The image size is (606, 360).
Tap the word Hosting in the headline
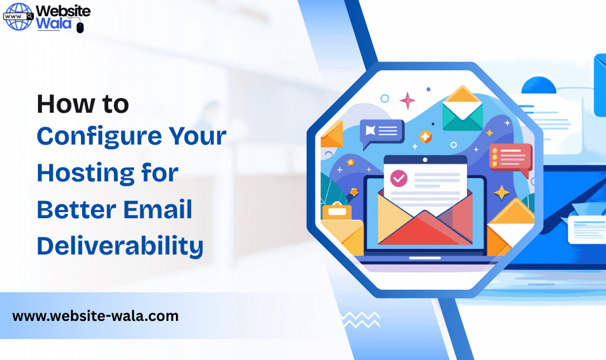pyautogui.click(x=84, y=174)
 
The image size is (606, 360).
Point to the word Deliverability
pyautogui.click(x=120, y=246)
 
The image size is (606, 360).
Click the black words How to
pyautogui.click(x=83, y=104)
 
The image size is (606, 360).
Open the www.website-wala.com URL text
pyautogui.click(x=96, y=316)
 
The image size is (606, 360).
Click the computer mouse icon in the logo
pyautogui.click(x=80, y=26)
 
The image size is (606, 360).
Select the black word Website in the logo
pyautogui.click(x=63, y=11)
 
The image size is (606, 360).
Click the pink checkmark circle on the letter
pyautogui.click(x=399, y=179)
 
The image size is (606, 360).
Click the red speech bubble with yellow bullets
pyautogui.click(x=510, y=157)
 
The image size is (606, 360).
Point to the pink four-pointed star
pyautogui.click(x=407, y=100)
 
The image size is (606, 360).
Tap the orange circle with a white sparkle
pyautogui.click(x=426, y=137)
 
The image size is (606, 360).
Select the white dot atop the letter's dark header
pyautogui.click(x=424, y=160)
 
